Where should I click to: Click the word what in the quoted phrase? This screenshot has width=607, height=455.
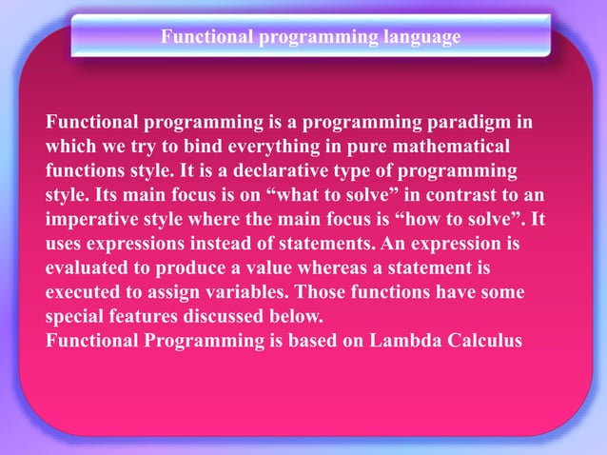point(296,196)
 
